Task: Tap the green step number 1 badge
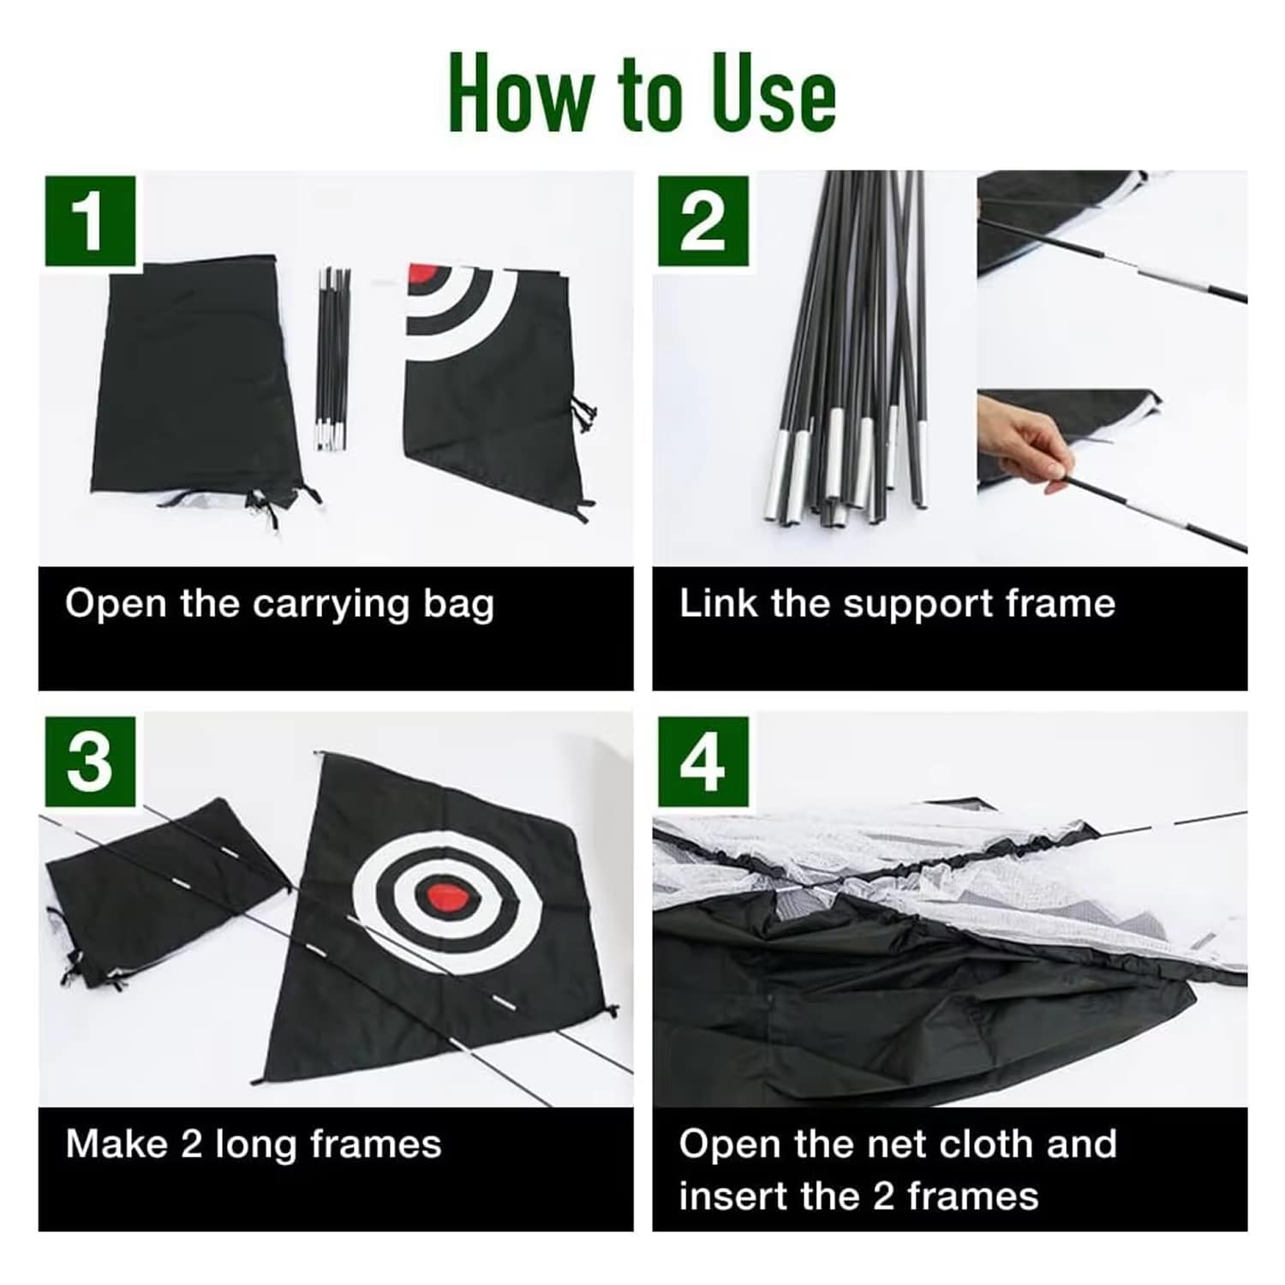(x=90, y=221)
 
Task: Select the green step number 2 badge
(x=703, y=221)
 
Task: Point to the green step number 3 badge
(x=90, y=762)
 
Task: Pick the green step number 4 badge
(x=703, y=762)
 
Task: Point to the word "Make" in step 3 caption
(x=117, y=1145)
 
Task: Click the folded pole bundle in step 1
(x=332, y=359)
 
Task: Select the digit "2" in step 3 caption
(x=191, y=1145)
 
